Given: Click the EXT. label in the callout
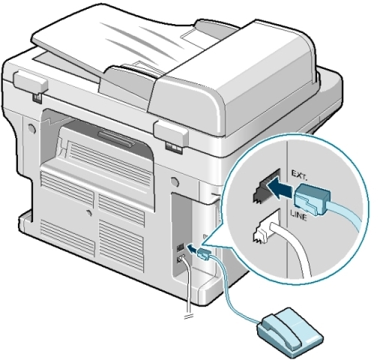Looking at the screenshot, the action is tap(300, 175).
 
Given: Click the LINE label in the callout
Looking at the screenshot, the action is tap(298, 215).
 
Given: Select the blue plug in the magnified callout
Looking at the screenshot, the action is tap(313, 199).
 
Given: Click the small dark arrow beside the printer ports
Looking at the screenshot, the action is tap(192, 248).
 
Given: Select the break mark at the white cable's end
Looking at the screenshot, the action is tap(187, 316).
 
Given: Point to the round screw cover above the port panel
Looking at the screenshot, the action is tap(175, 181).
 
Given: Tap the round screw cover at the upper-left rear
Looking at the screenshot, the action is tap(31, 128).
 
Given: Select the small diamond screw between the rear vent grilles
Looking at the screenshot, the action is tap(88, 213).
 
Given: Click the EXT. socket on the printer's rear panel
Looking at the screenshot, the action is tap(181, 247).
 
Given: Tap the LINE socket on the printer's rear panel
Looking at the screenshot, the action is tap(180, 259).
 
